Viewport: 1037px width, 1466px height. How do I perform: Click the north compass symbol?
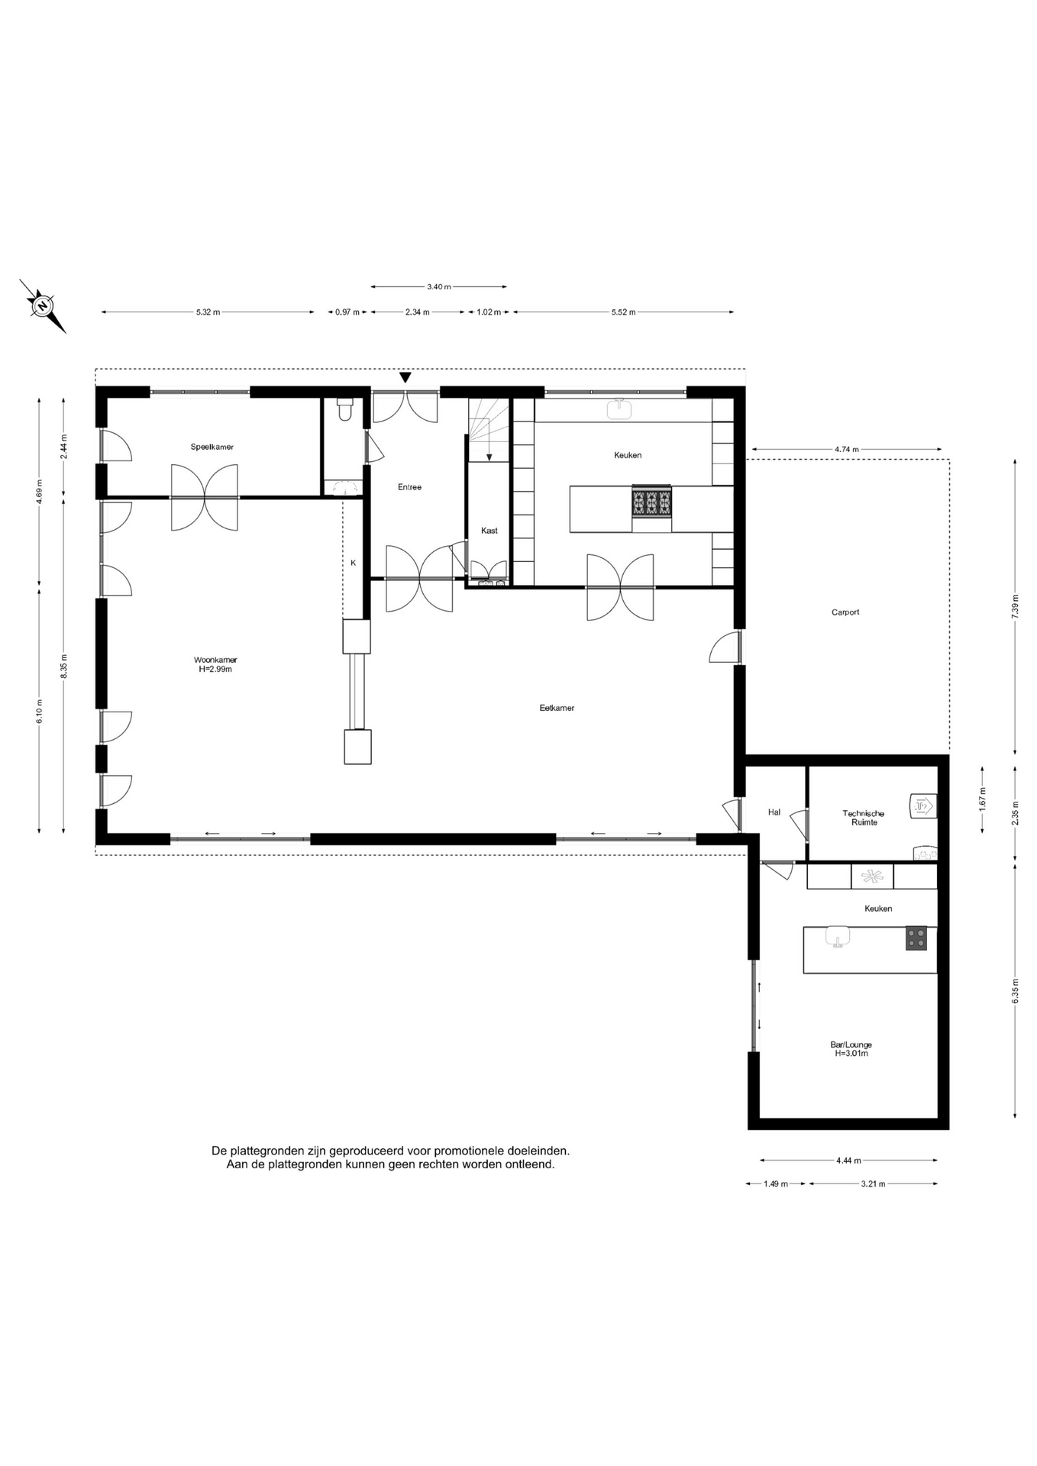(43, 306)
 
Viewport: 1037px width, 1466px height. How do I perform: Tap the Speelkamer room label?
(212, 447)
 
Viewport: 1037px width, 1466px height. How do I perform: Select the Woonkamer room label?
(215, 660)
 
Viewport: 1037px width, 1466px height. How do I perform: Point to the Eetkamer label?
(557, 708)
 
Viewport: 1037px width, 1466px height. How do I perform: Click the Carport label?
(845, 612)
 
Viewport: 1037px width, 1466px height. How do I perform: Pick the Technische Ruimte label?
(864, 818)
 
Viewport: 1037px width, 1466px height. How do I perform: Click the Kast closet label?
(489, 531)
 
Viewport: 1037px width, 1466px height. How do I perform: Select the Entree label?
(409, 487)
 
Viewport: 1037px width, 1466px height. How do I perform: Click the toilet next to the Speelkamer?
(344, 409)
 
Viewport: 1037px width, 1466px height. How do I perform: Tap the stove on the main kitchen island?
(651, 502)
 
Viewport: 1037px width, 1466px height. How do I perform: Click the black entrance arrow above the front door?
(405, 377)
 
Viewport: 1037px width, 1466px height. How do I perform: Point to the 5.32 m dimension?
(208, 312)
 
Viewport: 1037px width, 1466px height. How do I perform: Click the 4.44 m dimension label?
(848, 1161)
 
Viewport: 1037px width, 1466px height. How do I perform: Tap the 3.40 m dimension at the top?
(438, 287)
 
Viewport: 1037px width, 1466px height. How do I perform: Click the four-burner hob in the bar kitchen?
(916, 938)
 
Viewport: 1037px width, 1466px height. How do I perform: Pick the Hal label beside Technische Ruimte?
(774, 812)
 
